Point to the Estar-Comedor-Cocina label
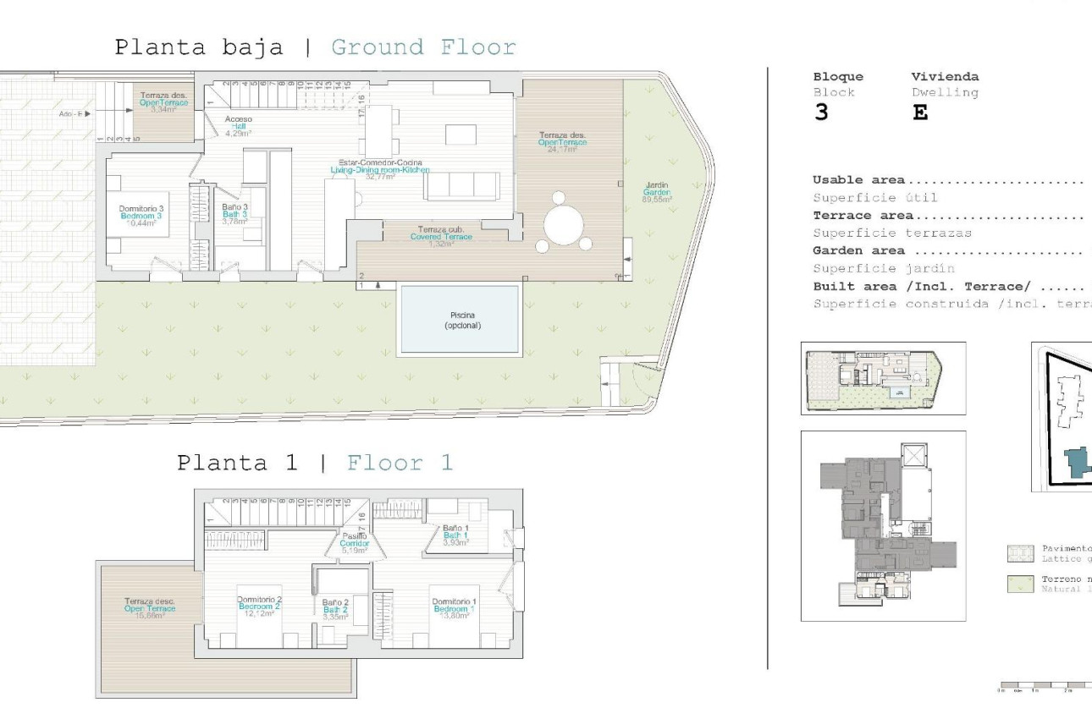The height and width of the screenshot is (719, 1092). [380, 162]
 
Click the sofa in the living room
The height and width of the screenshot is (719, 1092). [461, 186]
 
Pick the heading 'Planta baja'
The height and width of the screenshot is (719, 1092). [199, 47]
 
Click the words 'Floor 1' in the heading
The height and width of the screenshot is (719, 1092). [400, 463]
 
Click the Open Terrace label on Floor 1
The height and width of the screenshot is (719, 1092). [150, 607]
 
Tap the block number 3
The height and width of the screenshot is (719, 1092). [820, 113]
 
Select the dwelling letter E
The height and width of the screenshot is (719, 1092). [920, 113]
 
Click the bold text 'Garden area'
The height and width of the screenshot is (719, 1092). [858, 250]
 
